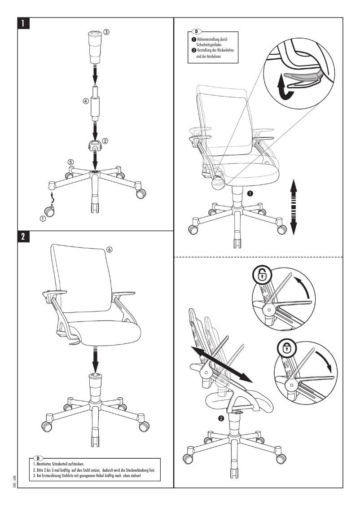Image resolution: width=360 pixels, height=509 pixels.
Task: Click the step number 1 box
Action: point(24,23)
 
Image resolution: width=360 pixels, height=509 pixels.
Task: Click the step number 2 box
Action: point(24,237)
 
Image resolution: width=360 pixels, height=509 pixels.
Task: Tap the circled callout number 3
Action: point(106,32)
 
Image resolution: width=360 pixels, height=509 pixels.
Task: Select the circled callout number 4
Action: point(85,101)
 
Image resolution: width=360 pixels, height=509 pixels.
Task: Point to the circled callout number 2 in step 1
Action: point(105,140)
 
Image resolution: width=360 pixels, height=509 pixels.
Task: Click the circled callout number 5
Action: point(70,162)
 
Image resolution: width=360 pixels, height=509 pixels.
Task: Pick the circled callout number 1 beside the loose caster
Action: point(43,219)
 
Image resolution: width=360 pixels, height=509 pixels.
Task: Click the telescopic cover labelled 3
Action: point(95,47)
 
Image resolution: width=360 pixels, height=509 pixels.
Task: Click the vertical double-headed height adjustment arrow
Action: point(293,206)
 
